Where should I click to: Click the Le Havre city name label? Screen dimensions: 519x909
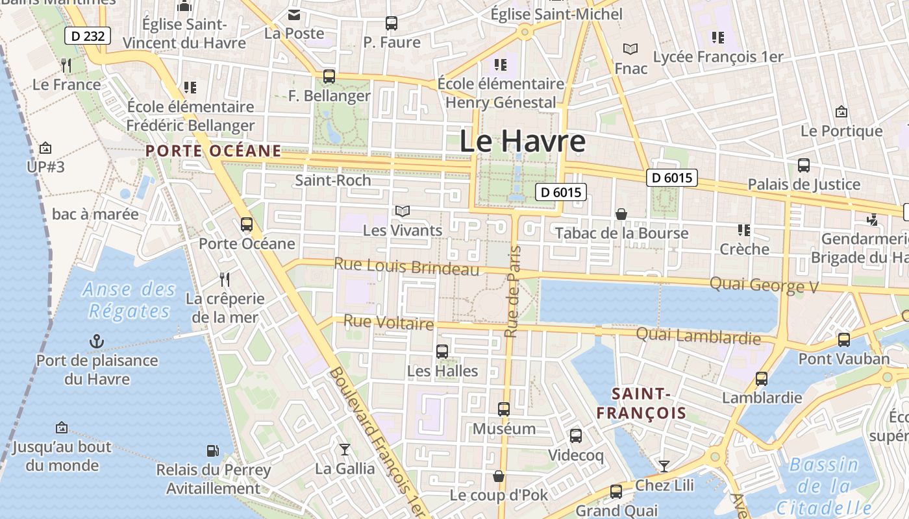click(522, 141)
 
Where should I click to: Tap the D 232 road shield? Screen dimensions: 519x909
click(88, 36)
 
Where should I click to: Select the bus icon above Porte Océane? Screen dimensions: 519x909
click(247, 224)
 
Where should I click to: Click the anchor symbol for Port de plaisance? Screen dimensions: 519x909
click(97, 341)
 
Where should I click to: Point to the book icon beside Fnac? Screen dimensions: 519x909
click(630, 49)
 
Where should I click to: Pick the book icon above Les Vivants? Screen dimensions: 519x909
click(403, 211)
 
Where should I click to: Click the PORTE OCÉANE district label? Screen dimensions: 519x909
click(214, 151)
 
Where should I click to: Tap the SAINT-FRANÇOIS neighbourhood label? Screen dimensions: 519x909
click(641, 403)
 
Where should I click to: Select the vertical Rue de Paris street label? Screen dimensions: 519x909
click(512, 292)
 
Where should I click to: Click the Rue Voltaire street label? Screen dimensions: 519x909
click(388, 322)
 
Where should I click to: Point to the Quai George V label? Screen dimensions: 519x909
click(764, 285)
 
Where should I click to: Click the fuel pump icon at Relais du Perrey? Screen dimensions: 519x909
click(212, 450)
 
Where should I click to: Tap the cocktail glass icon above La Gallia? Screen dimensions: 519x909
click(345, 449)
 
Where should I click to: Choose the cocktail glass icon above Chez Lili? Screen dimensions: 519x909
click(664, 466)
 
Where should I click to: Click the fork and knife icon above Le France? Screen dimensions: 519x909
click(66, 65)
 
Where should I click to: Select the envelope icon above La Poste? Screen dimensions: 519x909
click(294, 14)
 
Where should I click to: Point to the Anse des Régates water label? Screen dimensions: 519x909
click(129, 300)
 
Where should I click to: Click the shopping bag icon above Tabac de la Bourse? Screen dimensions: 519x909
click(621, 214)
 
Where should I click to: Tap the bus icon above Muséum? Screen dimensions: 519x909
click(504, 409)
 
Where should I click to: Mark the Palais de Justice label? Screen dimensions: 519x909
click(804, 185)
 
